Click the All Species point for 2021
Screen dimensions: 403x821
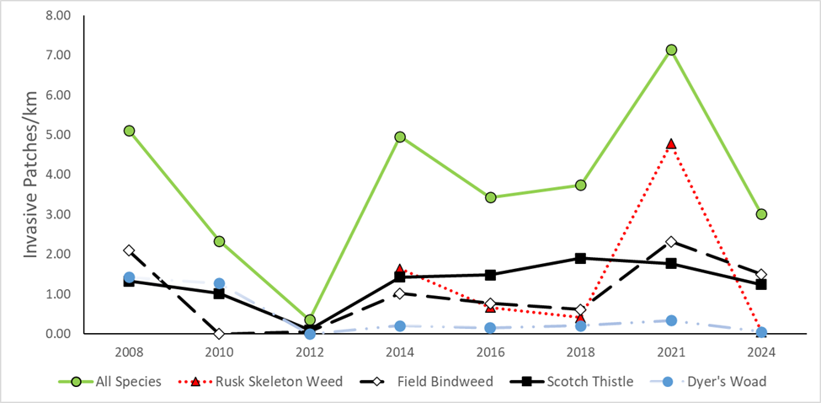tap(671, 50)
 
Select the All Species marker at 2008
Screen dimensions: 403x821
tap(129, 131)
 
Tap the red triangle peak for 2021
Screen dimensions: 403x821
tap(671, 144)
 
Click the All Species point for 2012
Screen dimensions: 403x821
tap(310, 320)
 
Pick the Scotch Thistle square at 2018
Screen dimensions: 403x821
tap(580, 258)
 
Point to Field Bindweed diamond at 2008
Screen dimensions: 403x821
tap(129, 250)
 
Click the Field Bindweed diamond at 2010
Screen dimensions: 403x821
tap(219, 334)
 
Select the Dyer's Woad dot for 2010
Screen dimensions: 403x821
tap(219, 284)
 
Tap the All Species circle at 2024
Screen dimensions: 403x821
tap(761, 214)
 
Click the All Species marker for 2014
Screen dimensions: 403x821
tap(400, 137)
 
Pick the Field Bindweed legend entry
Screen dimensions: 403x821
tap(436, 382)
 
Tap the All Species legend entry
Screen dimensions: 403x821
tap(126, 382)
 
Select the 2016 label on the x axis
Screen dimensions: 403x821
tap(490, 349)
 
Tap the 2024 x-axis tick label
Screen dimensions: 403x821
tap(761, 349)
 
